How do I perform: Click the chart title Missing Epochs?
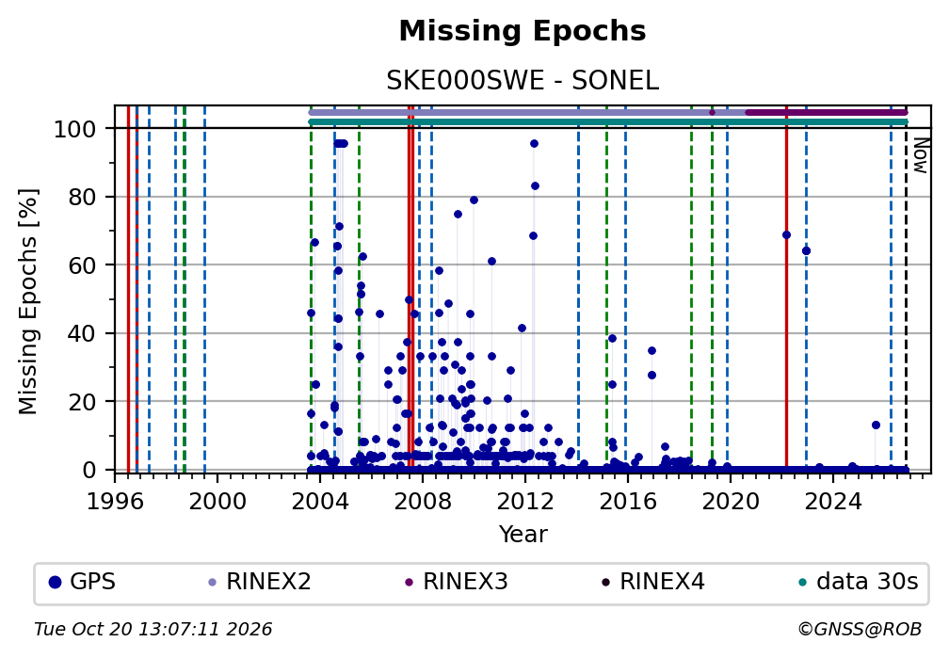pos(523,31)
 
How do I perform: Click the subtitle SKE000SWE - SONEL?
pos(523,81)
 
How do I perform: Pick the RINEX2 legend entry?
pos(260,582)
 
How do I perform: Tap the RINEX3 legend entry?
pos(457,582)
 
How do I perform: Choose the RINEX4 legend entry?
pos(653,582)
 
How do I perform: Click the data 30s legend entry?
pos(859,582)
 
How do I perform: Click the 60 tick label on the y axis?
pos(82,265)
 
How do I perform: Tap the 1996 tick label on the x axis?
pos(115,502)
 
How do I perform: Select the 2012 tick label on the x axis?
pos(525,502)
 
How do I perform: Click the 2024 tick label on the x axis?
pos(833,502)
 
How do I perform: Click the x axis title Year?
pos(523,534)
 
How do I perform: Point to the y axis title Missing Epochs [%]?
pos(28,302)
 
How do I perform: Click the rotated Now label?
pos(920,155)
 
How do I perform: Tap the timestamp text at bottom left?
pos(153,630)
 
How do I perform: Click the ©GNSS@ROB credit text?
pos(860,630)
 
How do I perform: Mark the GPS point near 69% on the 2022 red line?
pos(786,235)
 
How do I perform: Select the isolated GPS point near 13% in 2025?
pos(876,425)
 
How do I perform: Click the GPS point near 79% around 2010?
pos(474,201)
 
